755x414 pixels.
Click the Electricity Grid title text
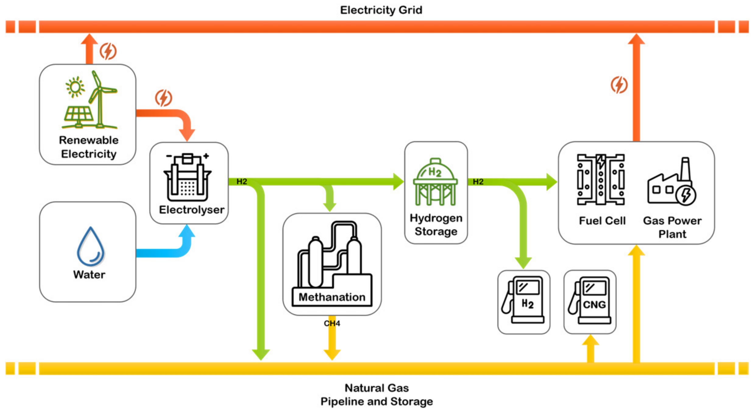click(381, 10)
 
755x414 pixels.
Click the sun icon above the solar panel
click(75, 87)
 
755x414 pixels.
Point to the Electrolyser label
click(191, 210)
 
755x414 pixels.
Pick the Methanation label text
click(332, 297)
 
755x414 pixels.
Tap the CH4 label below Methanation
click(332, 323)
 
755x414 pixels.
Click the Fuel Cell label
click(602, 221)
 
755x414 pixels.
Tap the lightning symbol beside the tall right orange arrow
click(619, 85)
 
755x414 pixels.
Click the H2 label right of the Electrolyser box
click(242, 182)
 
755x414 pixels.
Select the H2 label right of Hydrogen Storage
click(478, 182)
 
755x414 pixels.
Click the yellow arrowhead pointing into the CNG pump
click(590, 340)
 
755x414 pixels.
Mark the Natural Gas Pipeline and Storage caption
click(377, 395)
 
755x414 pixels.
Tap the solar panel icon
click(79, 115)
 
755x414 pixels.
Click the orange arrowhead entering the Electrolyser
click(187, 134)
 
